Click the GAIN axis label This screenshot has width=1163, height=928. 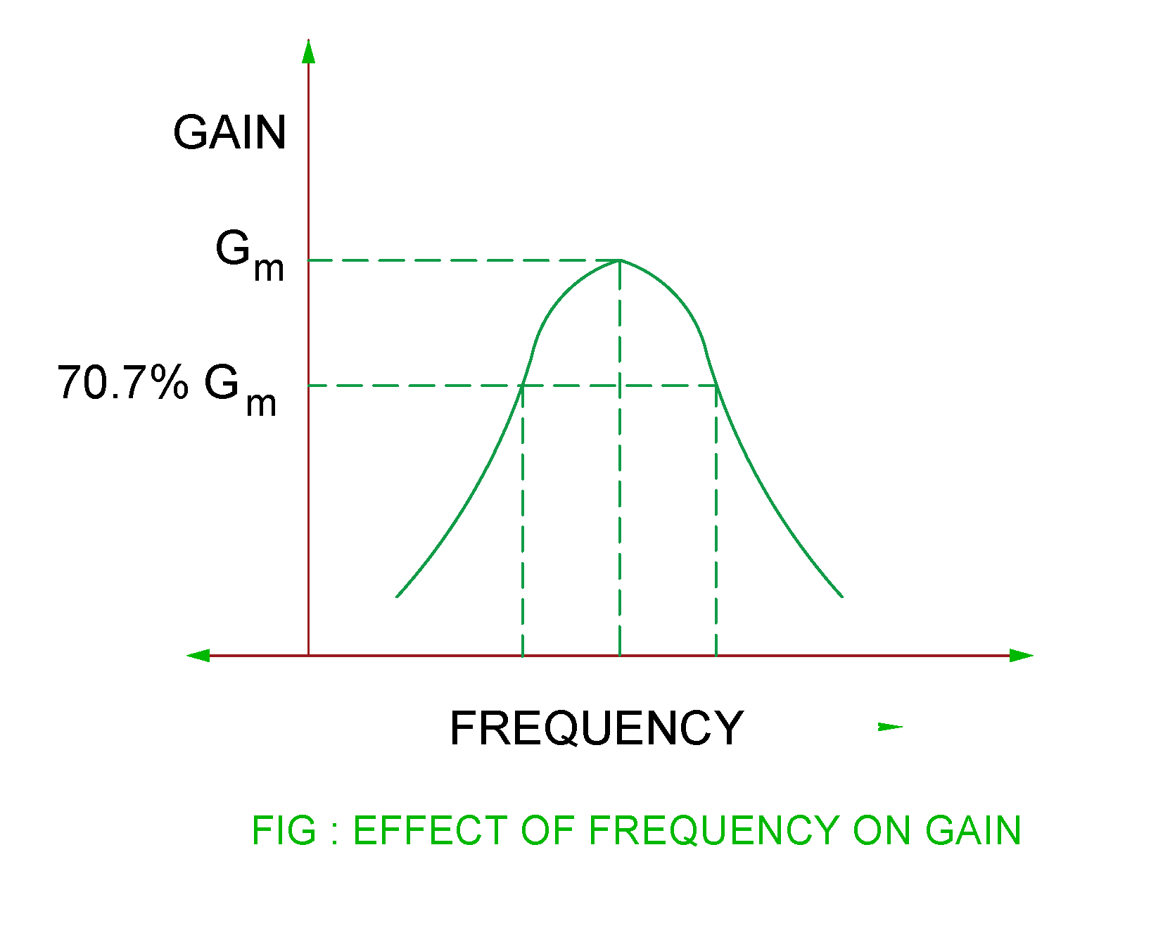[x=229, y=132]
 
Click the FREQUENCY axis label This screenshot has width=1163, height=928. [x=596, y=728]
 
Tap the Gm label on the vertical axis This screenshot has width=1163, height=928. [x=249, y=255]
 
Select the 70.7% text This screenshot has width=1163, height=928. [x=122, y=383]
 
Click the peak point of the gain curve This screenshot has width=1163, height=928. [x=620, y=260]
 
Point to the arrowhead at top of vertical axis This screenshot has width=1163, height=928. [x=308, y=51]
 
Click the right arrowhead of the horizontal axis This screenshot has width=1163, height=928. [x=1021, y=656]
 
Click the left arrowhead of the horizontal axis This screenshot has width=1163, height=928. [x=198, y=656]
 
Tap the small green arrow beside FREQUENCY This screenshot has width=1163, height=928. [x=890, y=727]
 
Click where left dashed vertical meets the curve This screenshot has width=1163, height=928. [x=523, y=386]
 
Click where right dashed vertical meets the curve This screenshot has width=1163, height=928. [x=716, y=386]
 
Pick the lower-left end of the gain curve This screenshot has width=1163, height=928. [x=398, y=597]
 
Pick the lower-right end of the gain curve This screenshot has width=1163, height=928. [x=842, y=597]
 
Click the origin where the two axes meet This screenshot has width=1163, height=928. [x=308, y=656]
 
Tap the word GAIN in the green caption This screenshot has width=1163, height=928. [x=973, y=831]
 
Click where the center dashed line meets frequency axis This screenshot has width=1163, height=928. [x=620, y=656]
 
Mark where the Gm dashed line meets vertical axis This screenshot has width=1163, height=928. [x=308, y=260]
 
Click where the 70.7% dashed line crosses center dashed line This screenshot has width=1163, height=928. [x=620, y=386]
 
